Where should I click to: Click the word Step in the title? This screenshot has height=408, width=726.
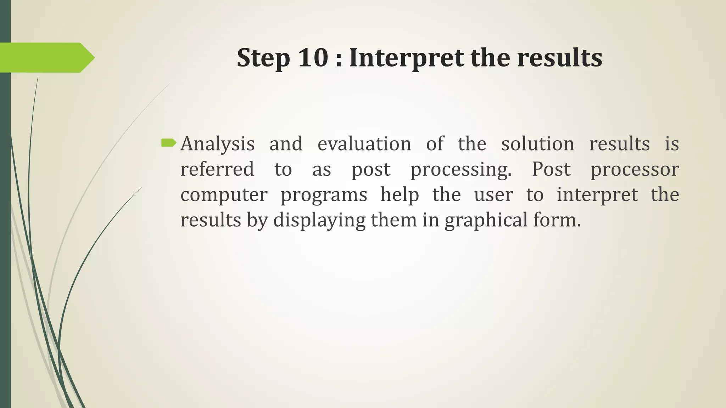(x=263, y=58)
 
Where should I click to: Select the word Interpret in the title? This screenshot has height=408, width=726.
(x=406, y=58)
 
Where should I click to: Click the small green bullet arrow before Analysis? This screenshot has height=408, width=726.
(x=168, y=143)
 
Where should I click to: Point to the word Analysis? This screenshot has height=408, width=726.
(x=217, y=144)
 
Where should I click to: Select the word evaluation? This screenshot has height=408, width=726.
(x=364, y=143)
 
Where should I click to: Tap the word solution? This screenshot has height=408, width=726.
(x=537, y=143)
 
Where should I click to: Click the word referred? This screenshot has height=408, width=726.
(x=217, y=169)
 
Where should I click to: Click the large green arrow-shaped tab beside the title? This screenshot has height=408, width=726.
(x=46, y=58)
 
